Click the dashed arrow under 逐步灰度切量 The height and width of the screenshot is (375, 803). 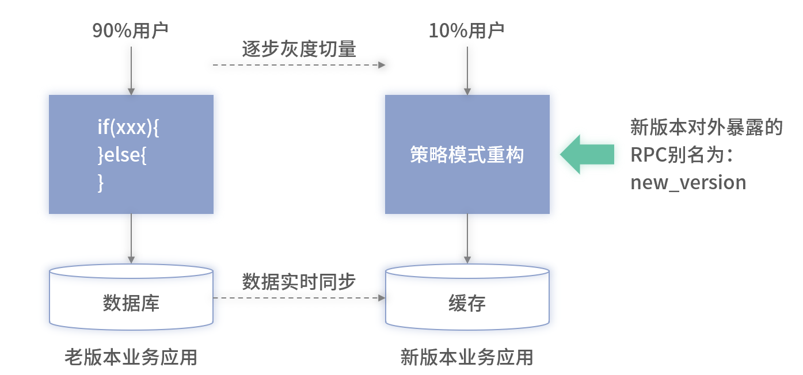(299, 65)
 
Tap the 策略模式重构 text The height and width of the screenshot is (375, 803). (467, 155)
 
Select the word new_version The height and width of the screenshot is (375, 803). (688, 182)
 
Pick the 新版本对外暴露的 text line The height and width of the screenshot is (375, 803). (707, 128)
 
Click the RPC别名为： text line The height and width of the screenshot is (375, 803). (685, 155)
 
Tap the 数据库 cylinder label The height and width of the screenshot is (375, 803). (131, 303)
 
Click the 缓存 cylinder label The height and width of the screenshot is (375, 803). (467, 303)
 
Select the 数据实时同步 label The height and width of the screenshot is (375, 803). (299, 282)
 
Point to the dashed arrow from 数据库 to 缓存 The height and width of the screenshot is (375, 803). (299, 298)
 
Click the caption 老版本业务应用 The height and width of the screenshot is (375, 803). (131, 357)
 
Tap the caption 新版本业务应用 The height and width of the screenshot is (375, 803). (467, 357)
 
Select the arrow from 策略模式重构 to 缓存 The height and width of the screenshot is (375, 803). (467, 238)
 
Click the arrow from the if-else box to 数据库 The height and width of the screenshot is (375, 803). (131, 238)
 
